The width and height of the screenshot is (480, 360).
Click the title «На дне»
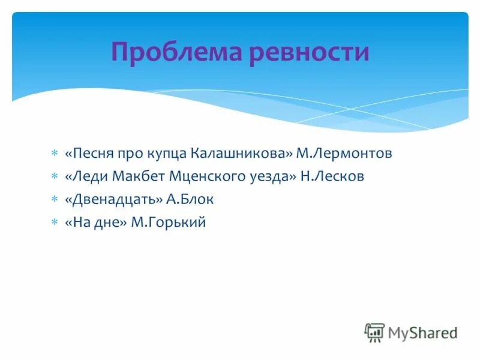tap(95, 222)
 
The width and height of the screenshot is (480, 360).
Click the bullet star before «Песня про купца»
tap(54, 154)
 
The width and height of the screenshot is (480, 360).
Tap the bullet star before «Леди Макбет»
tap(54, 176)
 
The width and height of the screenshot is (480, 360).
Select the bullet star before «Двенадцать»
tap(54, 199)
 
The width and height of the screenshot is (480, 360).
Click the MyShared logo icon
tap(374, 332)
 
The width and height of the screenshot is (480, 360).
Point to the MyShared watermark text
tap(422, 332)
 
